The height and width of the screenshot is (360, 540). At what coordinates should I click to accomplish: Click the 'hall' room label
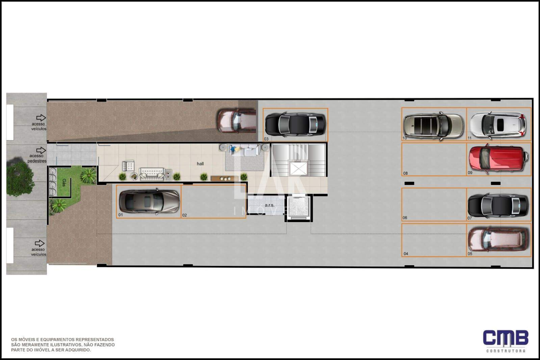pyautogui.click(x=200, y=164)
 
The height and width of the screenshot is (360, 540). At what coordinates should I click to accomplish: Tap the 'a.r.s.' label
pyautogui.click(x=269, y=205)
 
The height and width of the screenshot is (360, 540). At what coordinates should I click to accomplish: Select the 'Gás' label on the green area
pyautogui.click(x=64, y=183)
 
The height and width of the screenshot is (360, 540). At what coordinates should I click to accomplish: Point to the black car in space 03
pyautogui.click(x=295, y=125)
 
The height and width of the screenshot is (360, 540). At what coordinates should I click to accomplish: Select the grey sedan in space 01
pyautogui.click(x=149, y=201)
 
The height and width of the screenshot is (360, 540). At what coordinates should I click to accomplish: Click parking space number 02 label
pyautogui.click(x=184, y=215)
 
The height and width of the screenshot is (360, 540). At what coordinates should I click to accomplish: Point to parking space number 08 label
pyautogui.click(x=405, y=173)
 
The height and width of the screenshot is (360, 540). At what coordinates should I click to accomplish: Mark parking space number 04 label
pyautogui.click(x=406, y=254)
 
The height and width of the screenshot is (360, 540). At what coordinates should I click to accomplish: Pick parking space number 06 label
pyautogui.click(x=405, y=218)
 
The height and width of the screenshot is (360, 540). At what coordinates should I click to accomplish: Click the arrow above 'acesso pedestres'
pyautogui.click(x=41, y=150)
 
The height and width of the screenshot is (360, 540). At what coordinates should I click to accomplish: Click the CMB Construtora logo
pyautogui.click(x=506, y=341)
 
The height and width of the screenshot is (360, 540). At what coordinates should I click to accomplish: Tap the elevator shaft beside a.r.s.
pyautogui.click(x=299, y=207)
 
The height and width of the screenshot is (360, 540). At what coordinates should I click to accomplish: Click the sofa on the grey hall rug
pyautogui.click(x=245, y=150)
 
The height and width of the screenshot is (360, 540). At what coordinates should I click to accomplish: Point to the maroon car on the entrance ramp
pyautogui.click(x=236, y=121)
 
